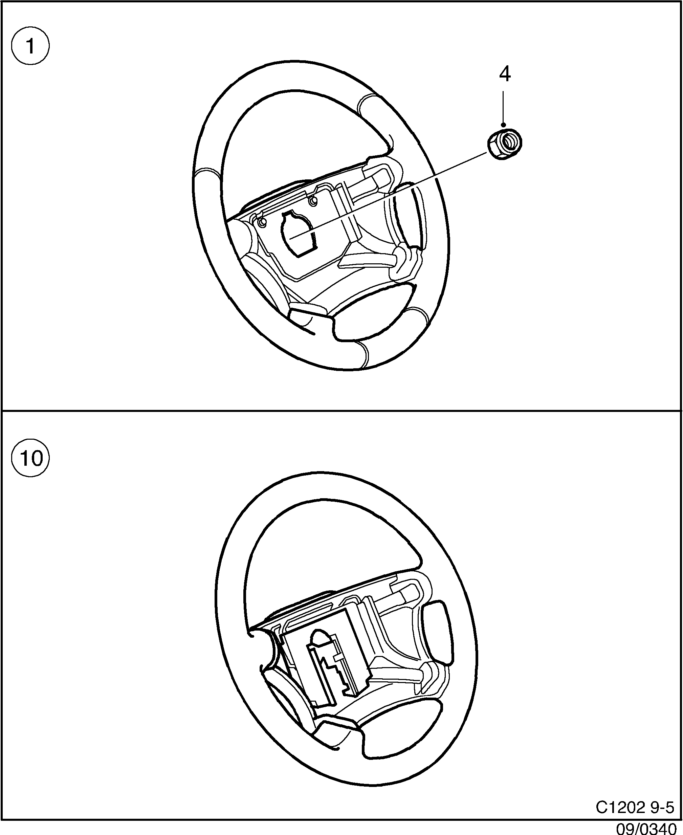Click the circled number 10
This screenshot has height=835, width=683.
pyautogui.click(x=31, y=458)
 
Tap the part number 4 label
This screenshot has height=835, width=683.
pyautogui.click(x=505, y=74)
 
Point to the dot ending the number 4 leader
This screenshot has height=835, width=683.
pyautogui.click(x=504, y=125)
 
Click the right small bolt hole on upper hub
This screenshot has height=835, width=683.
pyautogui.click(x=313, y=201)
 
